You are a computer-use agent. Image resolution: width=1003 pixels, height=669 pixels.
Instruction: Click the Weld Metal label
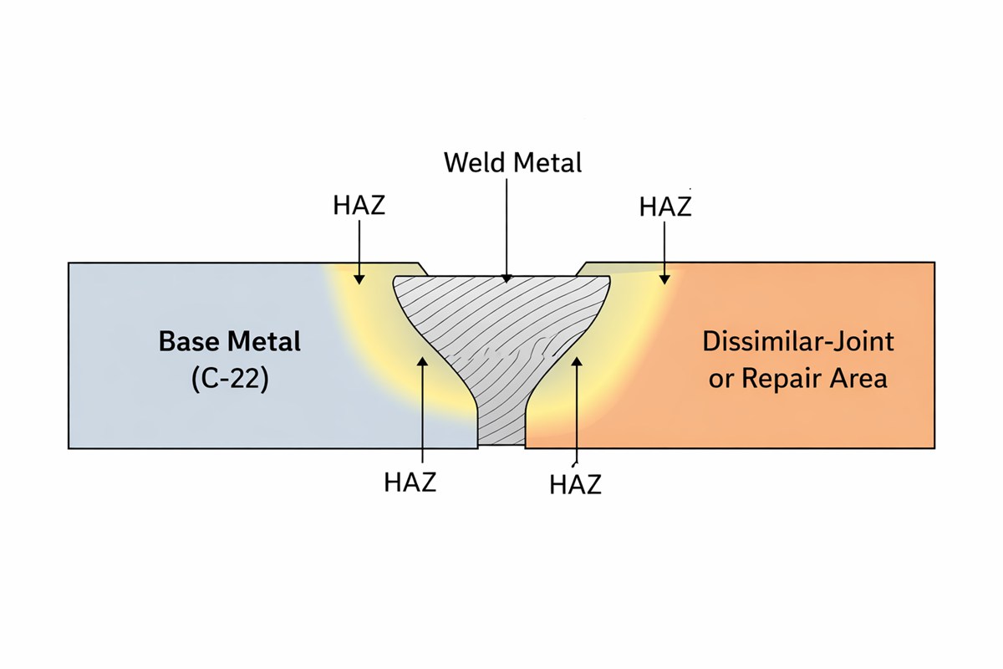(512, 161)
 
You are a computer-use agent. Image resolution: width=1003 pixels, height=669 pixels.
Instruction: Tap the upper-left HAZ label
(359, 205)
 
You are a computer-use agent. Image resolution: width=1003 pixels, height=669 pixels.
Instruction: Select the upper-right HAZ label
(665, 207)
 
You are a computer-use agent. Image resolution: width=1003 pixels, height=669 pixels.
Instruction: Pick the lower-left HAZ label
(410, 483)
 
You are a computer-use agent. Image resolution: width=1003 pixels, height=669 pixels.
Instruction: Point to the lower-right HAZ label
(576, 484)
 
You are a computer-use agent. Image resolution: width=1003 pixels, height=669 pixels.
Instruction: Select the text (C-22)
(230, 378)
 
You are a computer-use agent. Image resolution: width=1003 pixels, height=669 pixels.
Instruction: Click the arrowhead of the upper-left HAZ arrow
(359, 278)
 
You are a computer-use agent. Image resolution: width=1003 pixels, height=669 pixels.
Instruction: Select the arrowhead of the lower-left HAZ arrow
(423, 360)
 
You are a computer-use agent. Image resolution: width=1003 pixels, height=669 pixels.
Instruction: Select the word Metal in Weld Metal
(547, 161)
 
